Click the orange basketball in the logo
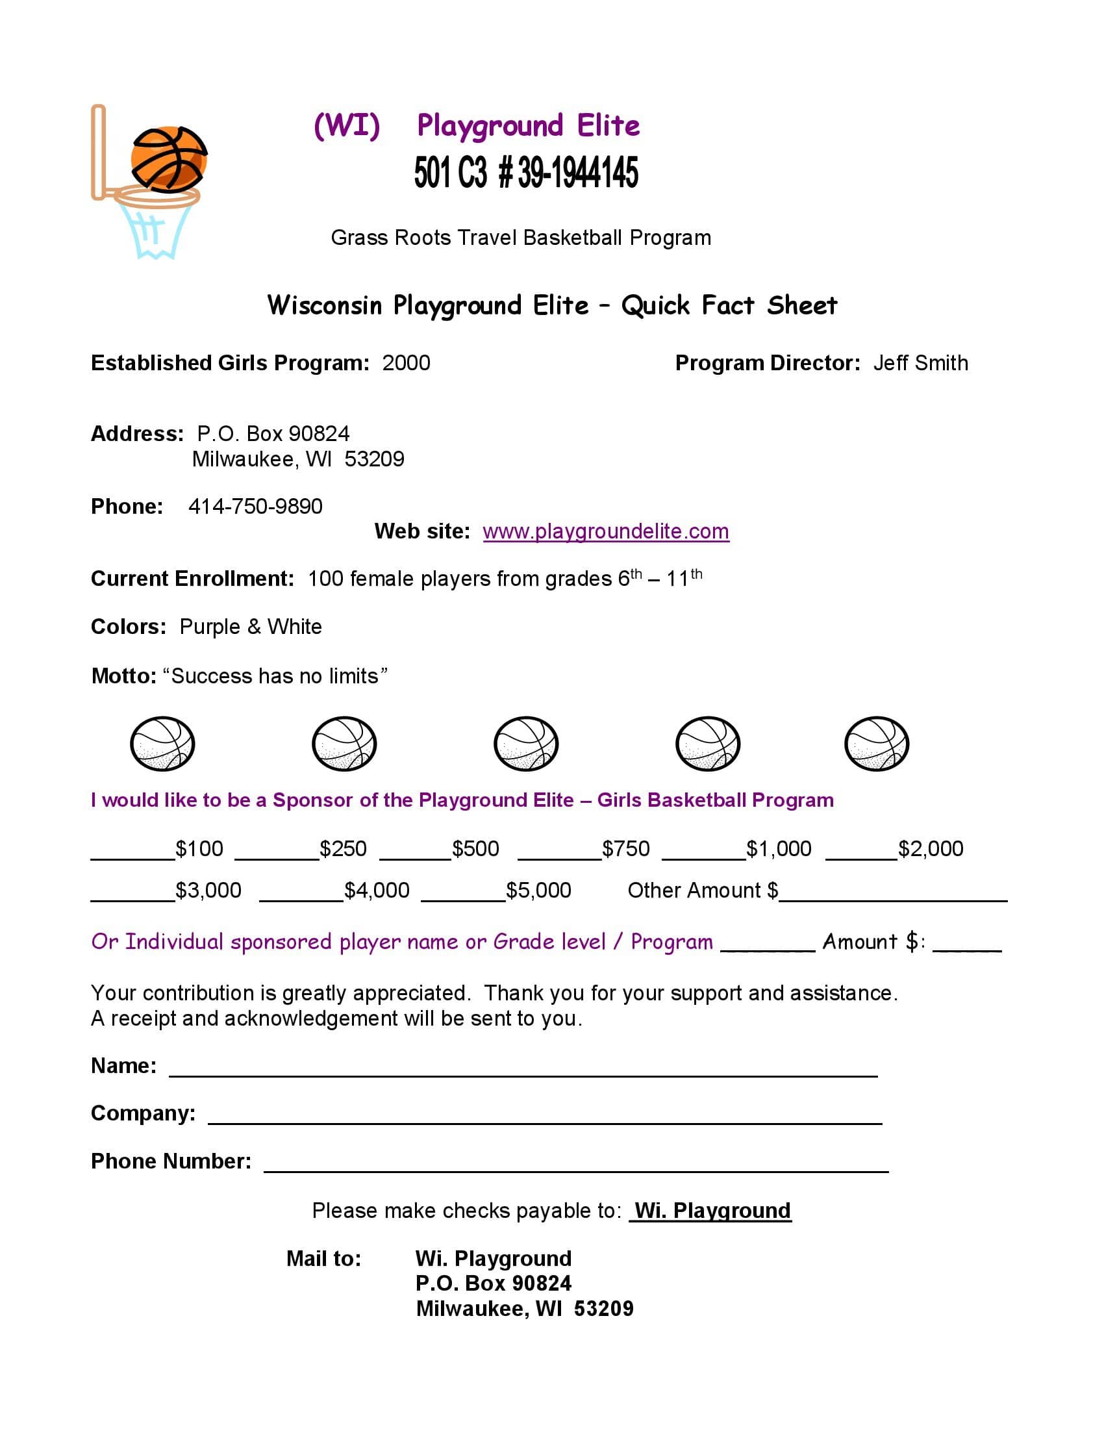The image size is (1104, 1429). click(x=169, y=159)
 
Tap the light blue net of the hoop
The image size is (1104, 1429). click(x=156, y=233)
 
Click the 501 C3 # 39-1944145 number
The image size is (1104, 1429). click(x=526, y=173)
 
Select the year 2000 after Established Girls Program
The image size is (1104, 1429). click(x=406, y=363)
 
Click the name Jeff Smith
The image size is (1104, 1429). click(x=920, y=363)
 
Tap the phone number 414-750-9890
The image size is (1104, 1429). click(x=255, y=507)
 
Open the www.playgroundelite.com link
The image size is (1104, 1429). click(x=606, y=531)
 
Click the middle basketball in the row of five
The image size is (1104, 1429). click(x=526, y=744)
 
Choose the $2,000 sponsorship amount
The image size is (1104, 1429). click(x=930, y=849)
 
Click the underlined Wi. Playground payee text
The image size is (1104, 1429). click(x=712, y=1211)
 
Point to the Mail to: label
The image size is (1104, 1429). click(x=324, y=1258)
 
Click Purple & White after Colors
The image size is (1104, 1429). click(x=251, y=627)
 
